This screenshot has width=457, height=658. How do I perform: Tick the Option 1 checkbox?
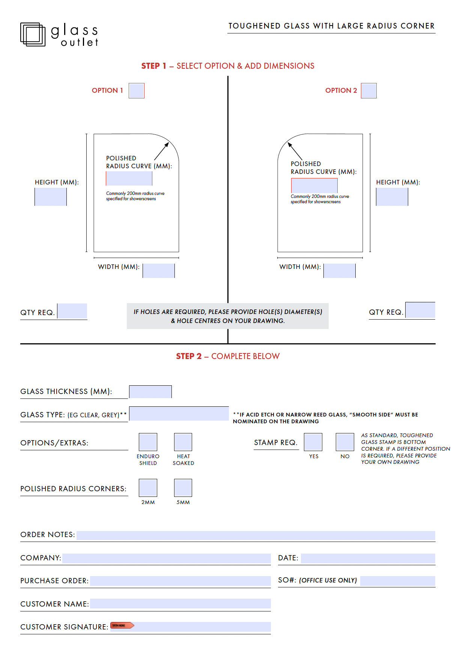pos(137,91)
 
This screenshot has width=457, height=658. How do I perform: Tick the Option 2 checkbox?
pos(368,91)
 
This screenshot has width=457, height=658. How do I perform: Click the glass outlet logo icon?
pos(33,35)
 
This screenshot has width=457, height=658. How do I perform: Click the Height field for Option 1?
pos(51,197)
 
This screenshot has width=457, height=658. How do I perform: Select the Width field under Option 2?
pos(340,271)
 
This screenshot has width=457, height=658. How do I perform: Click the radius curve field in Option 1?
pos(129,178)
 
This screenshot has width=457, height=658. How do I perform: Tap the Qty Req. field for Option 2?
pos(420,310)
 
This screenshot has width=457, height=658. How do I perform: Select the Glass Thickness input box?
pos(150,392)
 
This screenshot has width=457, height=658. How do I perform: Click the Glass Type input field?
pos(179,414)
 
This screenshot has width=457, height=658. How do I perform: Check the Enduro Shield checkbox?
pos(148,442)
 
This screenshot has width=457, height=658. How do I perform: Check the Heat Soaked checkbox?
pos(183,442)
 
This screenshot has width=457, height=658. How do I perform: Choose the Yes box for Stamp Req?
pos(313,442)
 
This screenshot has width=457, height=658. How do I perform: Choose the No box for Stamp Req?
pos(345,442)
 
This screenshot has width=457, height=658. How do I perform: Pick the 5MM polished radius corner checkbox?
pos(183,488)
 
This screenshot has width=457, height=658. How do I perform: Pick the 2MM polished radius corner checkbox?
pos(148,488)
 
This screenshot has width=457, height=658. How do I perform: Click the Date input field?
pos(368,558)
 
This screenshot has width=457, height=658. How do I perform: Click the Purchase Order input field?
pos(180,581)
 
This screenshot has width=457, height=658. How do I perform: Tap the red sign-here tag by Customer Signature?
pos(122,625)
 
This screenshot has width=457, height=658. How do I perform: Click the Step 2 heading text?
pos(228,356)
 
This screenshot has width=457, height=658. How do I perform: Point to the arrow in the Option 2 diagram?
pos(295,151)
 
